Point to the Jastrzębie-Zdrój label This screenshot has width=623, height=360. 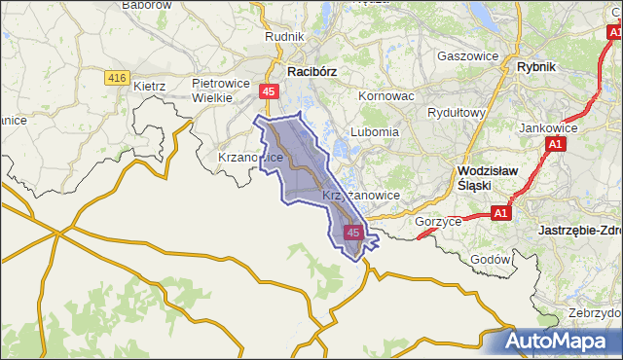pyautogui.click(x=579, y=231)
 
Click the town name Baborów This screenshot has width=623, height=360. pyautogui.click(x=147, y=5)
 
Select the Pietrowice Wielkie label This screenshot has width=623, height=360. pyautogui.click(x=225, y=90)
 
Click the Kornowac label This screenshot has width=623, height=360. pyautogui.click(x=386, y=97)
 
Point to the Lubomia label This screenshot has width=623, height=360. pyautogui.click(x=375, y=131)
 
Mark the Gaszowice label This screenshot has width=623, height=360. pyautogui.click(x=467, y=55)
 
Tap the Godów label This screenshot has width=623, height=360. pyautogui.click(x=490, y=260)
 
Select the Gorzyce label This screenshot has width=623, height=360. pyautogui.click(x=437, y=221)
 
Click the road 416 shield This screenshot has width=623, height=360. pyautogui.click(x=118, y=77)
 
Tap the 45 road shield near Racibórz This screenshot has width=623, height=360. pyautogui.click(x=270, y=91)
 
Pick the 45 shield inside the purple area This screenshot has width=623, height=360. pyautogui.click(x=353, y=233)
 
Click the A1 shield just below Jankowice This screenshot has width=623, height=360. pyautogui.click(x=554, y=145)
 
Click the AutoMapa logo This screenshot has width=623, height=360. pyautogui.click(x=559, y=342)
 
